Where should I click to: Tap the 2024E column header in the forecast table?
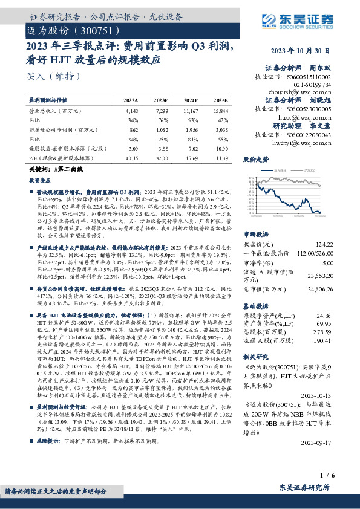(190, 100)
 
